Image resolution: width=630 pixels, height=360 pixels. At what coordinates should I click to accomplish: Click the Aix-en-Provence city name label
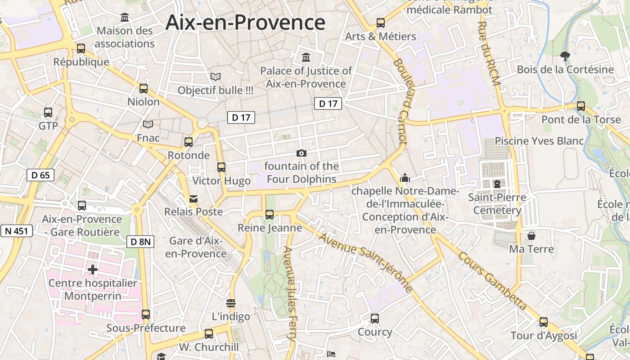pyautogui.click(x=245, y=22)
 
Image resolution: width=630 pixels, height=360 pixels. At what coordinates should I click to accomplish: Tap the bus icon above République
pyautogui.click(x=81, y=49)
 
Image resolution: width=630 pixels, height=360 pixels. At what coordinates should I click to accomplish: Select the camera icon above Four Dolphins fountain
pyautogui.click(x=301, y=153)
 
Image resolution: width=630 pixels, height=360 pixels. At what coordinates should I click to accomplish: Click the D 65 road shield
pyautogui.click(x=40, y=175)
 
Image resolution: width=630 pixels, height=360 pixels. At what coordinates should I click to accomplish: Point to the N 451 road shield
pyautogui.click(x=17, y=231)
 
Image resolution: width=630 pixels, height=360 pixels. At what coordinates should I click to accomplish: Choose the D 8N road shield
pyautogui.click(x=140, y=242)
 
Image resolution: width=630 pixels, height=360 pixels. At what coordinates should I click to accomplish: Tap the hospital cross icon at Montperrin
pyautogui.click(x=93, y=270)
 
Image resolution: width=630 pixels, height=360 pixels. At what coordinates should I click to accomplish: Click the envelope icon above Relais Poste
pyautogui.click(x=193, y=198)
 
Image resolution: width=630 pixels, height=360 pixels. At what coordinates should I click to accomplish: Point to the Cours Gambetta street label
pyautogui.click(x=492, y=281)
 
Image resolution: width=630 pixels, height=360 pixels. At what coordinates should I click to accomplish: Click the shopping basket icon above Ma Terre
pyautogui.click(x=531, y=235)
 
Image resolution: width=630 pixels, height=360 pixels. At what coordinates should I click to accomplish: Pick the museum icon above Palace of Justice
pyautogui.click(x=306, y=57)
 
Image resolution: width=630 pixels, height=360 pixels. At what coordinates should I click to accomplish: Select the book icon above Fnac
pyautogui.click(x=148, y=124)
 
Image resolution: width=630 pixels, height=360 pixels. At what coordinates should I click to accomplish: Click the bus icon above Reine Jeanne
pyautogui.click(x=270, y=215)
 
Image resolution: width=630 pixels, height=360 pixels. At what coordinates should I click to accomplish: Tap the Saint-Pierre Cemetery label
pyautogui.click(x=497, y=204)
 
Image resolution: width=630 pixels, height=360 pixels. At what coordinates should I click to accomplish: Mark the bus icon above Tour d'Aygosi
pyautogui.click(x=544, y=322)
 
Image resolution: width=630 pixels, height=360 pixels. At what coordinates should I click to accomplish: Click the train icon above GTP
pyautogui.click(x=48, y=112)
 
